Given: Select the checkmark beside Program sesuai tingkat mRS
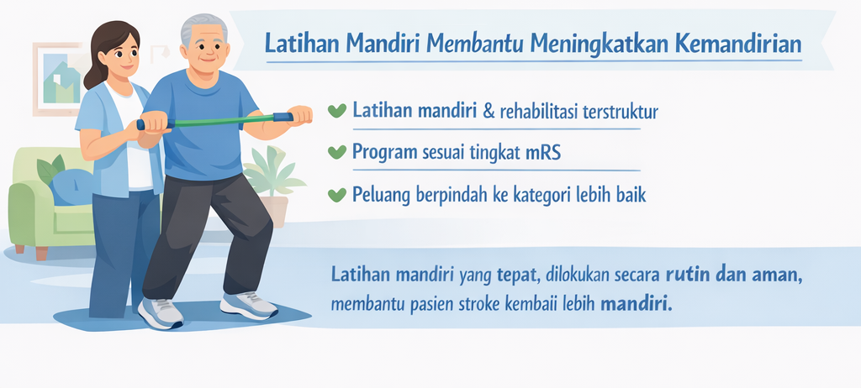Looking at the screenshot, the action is click(336, 152).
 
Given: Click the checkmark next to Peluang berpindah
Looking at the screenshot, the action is click(336, 194).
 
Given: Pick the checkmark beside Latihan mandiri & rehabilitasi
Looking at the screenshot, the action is click(336, 111).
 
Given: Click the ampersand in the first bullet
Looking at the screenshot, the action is click(487, 112).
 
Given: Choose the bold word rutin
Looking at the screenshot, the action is click(686, 275).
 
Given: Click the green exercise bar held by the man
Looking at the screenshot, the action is click(219, 121).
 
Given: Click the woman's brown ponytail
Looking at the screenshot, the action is click(94, 75).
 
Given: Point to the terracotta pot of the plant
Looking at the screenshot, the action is click(275, 211).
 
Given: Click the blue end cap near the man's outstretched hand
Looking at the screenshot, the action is click(283, 117).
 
